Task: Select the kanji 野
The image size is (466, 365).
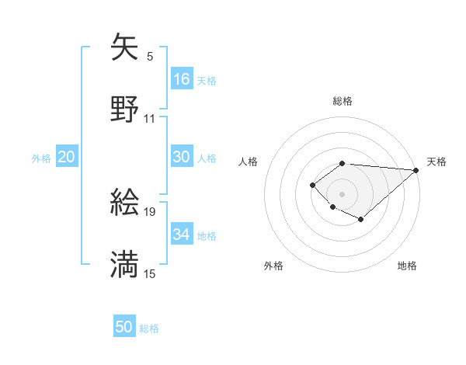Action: [125, 109]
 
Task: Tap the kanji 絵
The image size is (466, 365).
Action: [125, 203]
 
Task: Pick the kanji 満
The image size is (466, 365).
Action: [125, 265]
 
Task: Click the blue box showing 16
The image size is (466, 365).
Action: [182, 79]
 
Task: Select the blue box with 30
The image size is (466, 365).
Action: [182, 157]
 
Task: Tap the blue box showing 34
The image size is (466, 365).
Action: [182, 235]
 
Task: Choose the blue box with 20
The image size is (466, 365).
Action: [67, 157]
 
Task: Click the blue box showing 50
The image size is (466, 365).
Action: [124, 327]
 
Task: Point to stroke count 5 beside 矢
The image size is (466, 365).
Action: [150, 56]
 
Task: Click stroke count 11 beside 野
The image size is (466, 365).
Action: [150, 118]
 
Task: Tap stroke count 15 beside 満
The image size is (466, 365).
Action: [150, 273]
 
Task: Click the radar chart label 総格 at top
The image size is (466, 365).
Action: [342, 101]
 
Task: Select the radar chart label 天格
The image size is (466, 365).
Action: [436, 162]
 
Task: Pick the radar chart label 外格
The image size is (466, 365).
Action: [273, 266]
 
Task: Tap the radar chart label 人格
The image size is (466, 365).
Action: [249, 162]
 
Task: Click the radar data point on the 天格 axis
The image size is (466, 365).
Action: [416, 170]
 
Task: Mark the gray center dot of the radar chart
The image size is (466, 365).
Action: [342, 193]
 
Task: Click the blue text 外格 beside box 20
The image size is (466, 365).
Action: [41, 158]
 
